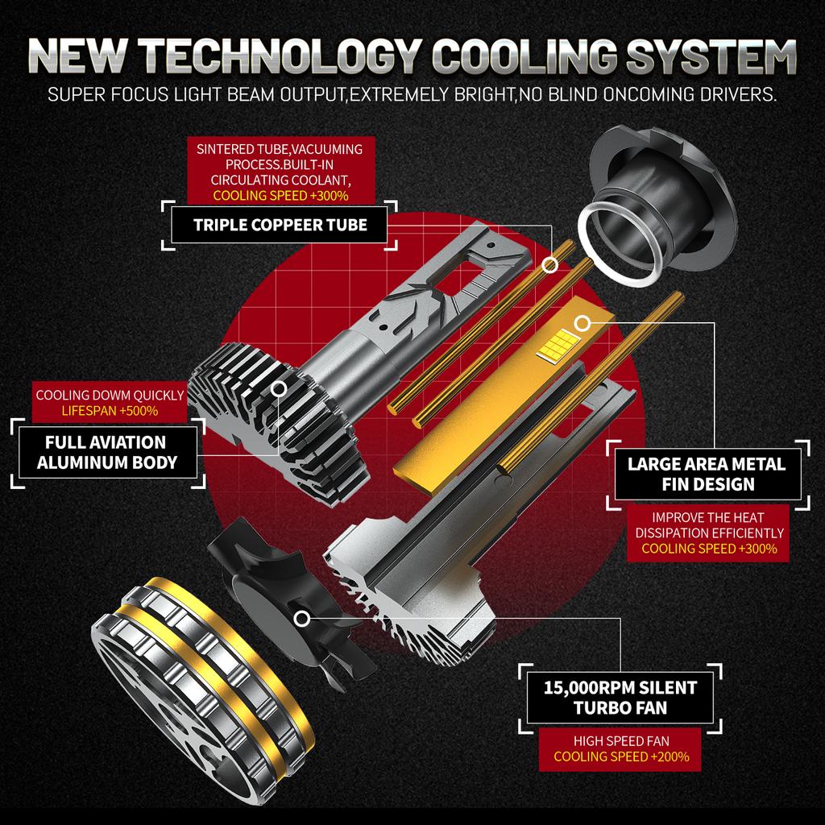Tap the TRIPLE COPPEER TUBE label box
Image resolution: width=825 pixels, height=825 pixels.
point(280,226)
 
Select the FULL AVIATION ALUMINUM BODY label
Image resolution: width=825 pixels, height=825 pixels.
point(107,452)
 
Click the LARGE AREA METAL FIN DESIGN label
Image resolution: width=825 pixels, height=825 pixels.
point(707,474)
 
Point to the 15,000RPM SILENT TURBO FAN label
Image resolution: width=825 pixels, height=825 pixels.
point(620,698)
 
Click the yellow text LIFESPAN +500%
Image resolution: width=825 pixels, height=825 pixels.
point(110,411)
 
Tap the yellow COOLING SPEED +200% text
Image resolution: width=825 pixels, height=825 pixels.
point(621,757)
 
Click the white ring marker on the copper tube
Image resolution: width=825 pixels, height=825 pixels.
point(550,265)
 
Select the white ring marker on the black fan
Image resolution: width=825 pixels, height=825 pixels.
point(301,619)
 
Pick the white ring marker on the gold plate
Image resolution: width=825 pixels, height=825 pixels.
point(582,324)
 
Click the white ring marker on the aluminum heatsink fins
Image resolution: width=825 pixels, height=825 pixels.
point(279,389)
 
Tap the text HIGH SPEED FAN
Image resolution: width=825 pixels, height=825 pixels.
point(621,741)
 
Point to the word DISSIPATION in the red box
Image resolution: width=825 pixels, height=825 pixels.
point(678,533)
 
